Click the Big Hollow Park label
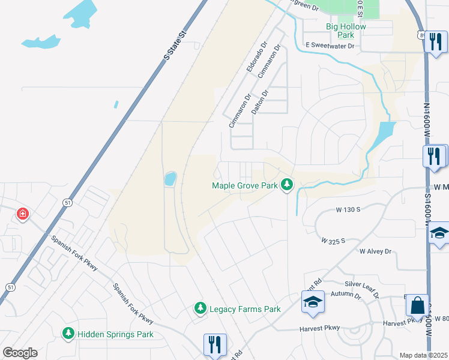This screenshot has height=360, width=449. pos(346,31)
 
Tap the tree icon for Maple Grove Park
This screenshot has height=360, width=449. pos(288,185)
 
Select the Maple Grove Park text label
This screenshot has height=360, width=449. pos(245,185)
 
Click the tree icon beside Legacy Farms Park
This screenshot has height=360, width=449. pos(200,308)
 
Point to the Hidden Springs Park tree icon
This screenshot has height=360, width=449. pos(68,334)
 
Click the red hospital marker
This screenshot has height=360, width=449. pos(23,214)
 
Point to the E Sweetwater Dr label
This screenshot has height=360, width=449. pos(330,45)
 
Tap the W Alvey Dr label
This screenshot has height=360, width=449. pos(375,251)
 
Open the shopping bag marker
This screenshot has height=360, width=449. pos(417,305)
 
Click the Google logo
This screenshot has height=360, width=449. pos(20,353)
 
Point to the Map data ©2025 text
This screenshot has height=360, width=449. pos(423,355)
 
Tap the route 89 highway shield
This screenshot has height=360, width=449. pos(421,35)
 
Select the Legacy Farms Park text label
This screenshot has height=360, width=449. pos(245,310)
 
